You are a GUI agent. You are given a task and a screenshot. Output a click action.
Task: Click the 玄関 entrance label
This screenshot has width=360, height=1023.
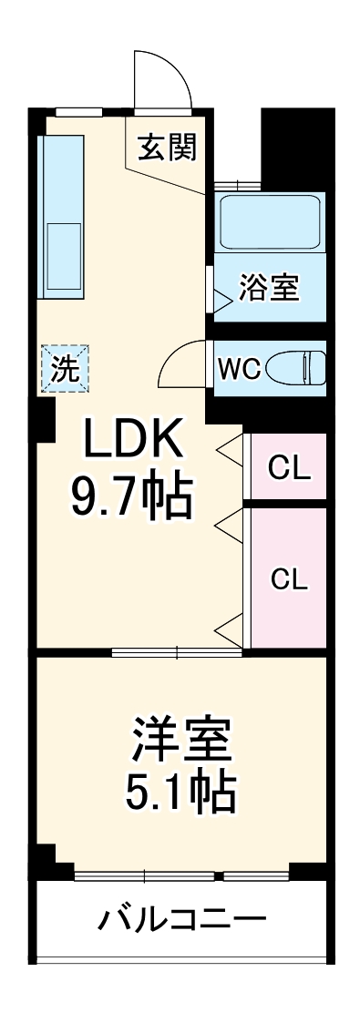[x=167, y=146]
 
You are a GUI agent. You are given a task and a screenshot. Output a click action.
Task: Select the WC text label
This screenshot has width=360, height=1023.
[x=239, y=368]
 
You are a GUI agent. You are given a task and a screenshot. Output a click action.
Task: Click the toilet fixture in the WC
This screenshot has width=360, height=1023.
[x=298, y=367]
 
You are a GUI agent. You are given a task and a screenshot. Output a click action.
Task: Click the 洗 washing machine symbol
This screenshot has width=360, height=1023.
[x=65, y=368]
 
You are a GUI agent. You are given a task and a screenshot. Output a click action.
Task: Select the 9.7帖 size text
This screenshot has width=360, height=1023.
[x=132, y=496]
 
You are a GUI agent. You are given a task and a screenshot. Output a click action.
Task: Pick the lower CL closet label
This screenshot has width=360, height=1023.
[x=290, y=578]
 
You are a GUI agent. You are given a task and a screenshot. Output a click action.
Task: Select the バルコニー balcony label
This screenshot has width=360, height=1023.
[x=181, y=917]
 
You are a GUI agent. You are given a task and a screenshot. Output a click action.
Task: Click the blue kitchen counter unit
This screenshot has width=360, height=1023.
[x=61, y=217]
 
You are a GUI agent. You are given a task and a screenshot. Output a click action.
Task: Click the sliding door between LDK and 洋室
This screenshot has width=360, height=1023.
[x=178, y=651]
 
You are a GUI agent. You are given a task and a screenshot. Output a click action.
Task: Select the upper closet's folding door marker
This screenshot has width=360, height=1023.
[x=230, y=447]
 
